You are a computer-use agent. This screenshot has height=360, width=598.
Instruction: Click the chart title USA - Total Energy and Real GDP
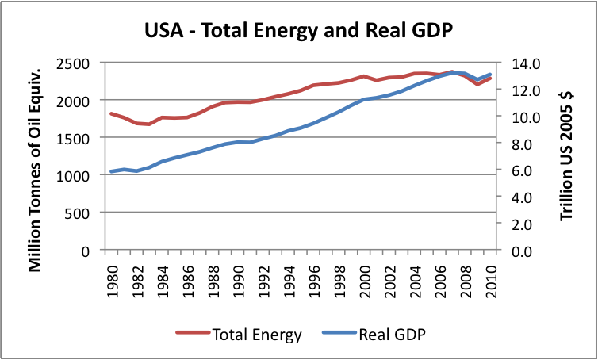coord(298,33)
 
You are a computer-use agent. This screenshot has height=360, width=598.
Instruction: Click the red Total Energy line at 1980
coord(112,114)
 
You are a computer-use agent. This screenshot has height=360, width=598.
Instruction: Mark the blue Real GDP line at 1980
coord(112,171)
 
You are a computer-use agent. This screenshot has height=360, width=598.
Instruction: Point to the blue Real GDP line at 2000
coord(365,100)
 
